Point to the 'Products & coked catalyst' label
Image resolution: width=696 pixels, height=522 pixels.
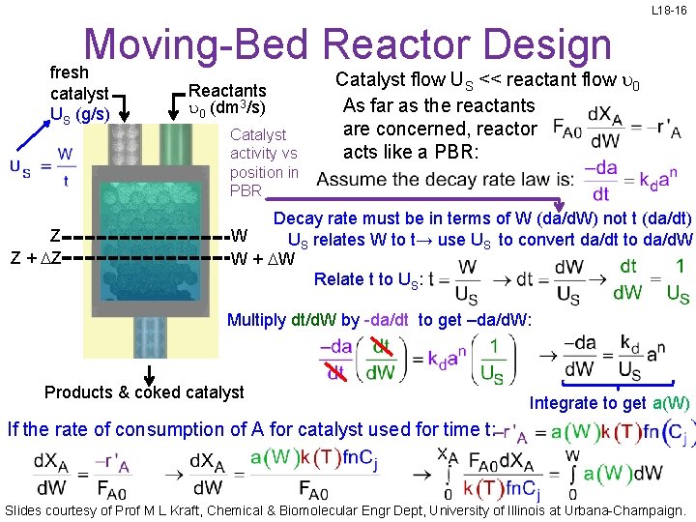click(144, 392)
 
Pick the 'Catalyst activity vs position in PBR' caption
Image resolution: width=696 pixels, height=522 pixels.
click(264, 162)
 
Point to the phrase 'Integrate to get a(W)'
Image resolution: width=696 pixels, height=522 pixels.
click(609, 403)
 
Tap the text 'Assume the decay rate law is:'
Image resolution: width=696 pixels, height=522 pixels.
click(444, 179)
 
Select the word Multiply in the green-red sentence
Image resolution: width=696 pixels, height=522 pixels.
click(256, 320)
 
